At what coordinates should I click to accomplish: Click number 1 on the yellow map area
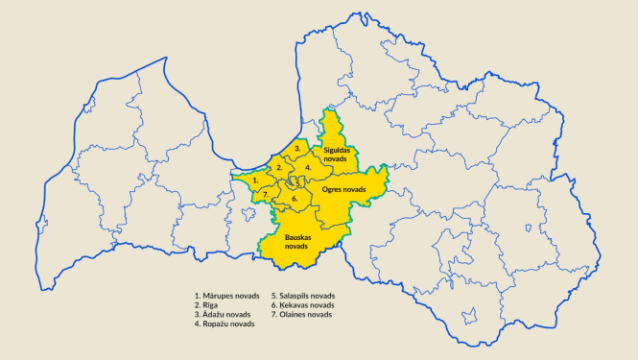click(255, 179)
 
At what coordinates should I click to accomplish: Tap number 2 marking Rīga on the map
click(279, 168)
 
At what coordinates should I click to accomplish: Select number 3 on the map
click(298, 149)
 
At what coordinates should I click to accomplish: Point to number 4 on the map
click(307, 166)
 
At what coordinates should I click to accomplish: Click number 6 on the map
click(295, 199)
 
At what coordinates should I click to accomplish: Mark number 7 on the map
click(265, 194)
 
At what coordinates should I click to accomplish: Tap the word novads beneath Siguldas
click(337, 160)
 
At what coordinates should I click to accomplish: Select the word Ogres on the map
click(333, 190)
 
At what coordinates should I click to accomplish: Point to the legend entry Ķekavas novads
click(306, 305)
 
